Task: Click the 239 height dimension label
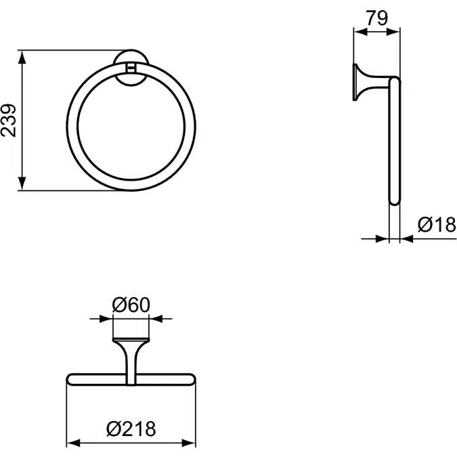pos(8,121)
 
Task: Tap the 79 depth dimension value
pos(376,18)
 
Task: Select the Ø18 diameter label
pos(437,224)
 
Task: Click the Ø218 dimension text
pos(132,428)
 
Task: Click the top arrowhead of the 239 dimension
pos(22,55)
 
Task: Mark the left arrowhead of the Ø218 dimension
pos(71,443)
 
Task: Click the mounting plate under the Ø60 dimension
pos(130,338)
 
